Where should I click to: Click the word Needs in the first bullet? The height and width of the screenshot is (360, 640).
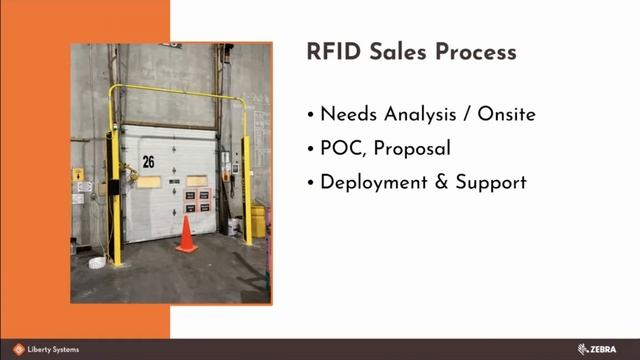[350, 114]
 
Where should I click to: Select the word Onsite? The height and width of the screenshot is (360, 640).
[506, 114]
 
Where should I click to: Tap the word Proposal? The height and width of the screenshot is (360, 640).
[413, 150]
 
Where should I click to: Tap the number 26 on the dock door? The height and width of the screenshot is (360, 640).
[148, 161]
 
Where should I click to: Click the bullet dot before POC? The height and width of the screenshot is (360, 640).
[312, 150]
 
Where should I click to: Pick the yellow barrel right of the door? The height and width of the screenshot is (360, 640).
[258, 221]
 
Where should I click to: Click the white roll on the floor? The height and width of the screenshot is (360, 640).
[97, 262]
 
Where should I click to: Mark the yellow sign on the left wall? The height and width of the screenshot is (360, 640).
[78, 174]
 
